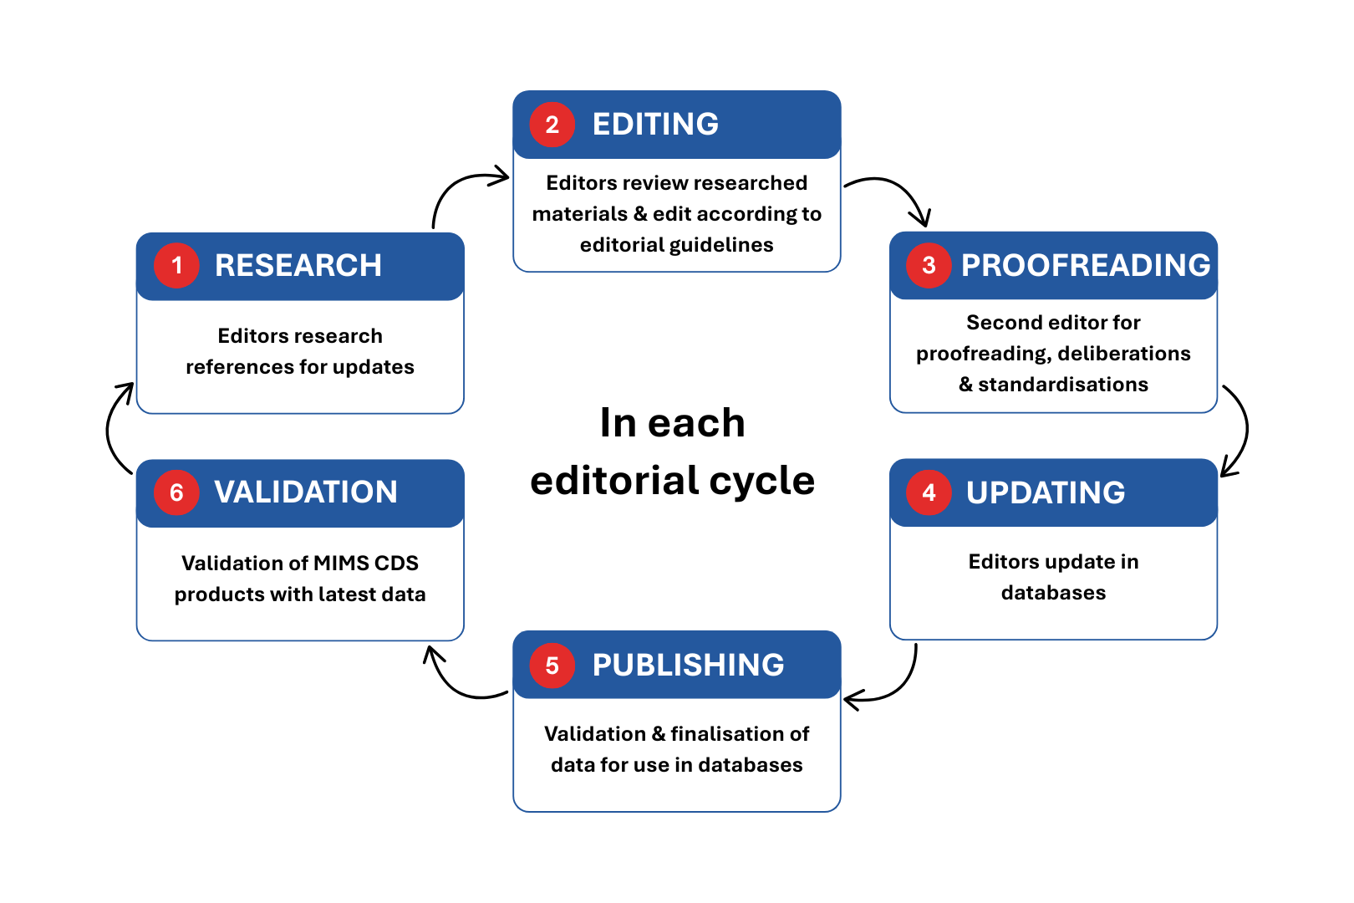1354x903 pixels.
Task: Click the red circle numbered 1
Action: point(176,266)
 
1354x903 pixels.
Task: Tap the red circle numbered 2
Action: point(552,125)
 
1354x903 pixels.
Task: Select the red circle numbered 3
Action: point(929,266)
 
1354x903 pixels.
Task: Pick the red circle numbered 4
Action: point(929,492)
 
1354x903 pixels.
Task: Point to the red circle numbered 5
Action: point(552,666)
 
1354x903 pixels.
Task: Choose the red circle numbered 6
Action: point(176,492)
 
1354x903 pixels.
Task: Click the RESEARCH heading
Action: point(298,266)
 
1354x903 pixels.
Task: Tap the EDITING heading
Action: point(655,125)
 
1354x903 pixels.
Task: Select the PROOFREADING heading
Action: point(1085,266)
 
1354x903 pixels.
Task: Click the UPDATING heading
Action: point(1045,492)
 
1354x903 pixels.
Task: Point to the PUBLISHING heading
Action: point(688,666)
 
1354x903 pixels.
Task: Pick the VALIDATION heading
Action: point(305,492)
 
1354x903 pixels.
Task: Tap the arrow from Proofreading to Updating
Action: point(1243,431)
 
